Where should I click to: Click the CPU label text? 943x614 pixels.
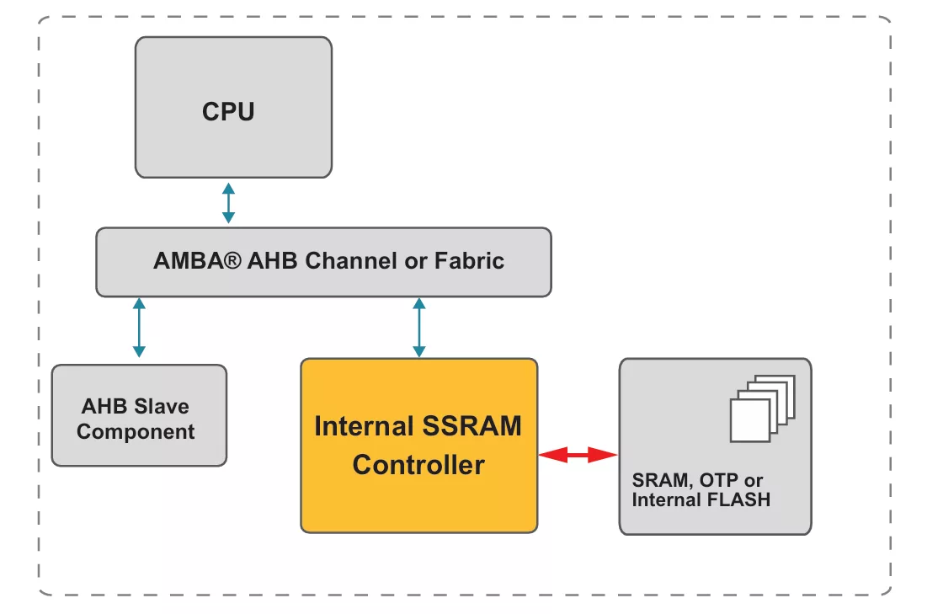click(x=228, y=111)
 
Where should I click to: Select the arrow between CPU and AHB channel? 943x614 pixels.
click(x=228, y=203)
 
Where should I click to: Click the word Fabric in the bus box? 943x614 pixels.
click(x=469, y=261)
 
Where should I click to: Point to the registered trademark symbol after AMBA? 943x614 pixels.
click(x=234, y=260)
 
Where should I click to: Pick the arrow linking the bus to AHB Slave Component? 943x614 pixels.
click(x=139, y=328)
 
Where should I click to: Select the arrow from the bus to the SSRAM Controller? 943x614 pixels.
click(x=418, y=328)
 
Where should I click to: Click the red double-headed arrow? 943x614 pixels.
click(x=578, y=455)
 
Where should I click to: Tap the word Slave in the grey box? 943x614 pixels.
click(x=161, y=407)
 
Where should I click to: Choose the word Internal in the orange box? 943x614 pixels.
click(x=360, y=426)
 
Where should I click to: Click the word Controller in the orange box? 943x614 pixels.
click(x=418, y=464)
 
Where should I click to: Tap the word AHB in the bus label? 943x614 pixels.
click(x=274, y=261)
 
